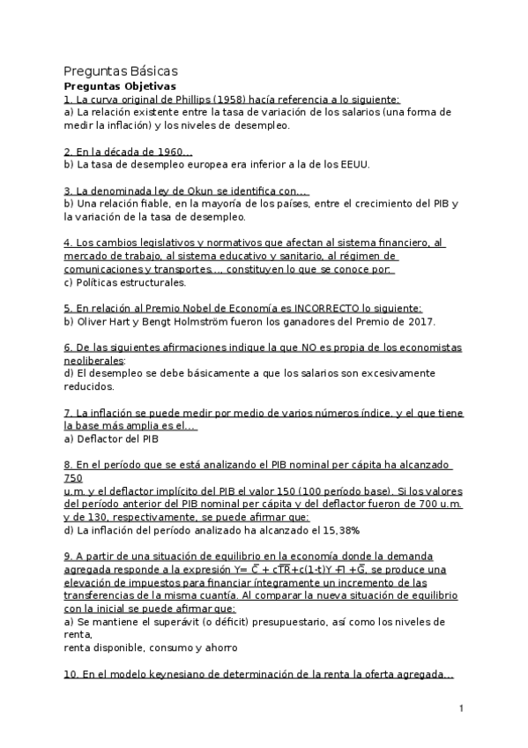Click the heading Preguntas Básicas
coord(121,71)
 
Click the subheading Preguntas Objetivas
coord(120,86)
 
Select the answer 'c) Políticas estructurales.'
coord(125,282)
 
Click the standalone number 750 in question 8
coord(73,478)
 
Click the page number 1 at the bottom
coord(461,708)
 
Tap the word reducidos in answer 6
coord(89,386)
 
